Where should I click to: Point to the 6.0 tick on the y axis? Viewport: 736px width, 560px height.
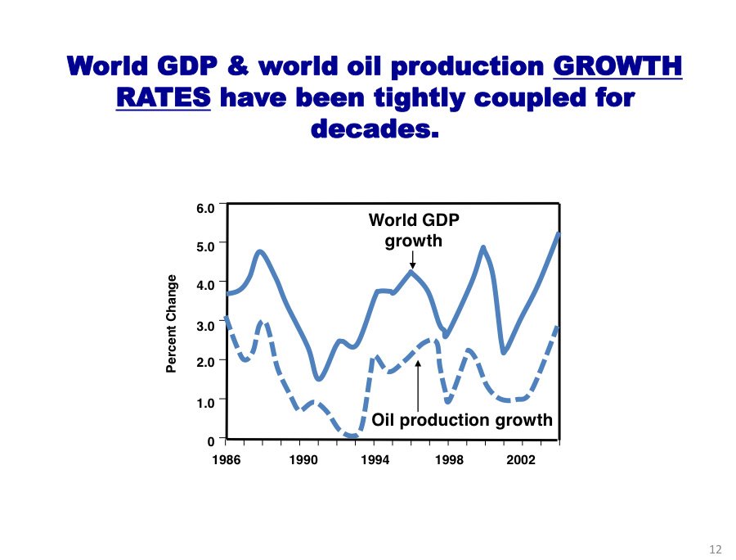204,208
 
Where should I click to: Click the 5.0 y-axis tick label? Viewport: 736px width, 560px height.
204,246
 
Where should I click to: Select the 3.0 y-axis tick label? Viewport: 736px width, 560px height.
204,325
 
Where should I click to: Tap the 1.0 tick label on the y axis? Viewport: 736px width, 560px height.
204,402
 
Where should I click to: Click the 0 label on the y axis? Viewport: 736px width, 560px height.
210,441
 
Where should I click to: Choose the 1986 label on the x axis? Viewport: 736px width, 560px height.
226,460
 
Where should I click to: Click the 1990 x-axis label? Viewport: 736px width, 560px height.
303,460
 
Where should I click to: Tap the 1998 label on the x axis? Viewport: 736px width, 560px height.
449,460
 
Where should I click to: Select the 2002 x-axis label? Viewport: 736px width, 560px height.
521,460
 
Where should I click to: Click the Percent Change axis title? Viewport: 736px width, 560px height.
172,323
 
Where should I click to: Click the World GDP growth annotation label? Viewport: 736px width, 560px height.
414,230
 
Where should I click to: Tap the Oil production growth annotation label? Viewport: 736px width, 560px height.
462,421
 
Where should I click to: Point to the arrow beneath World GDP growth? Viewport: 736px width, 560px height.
414,260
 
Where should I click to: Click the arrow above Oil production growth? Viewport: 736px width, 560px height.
419,385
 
